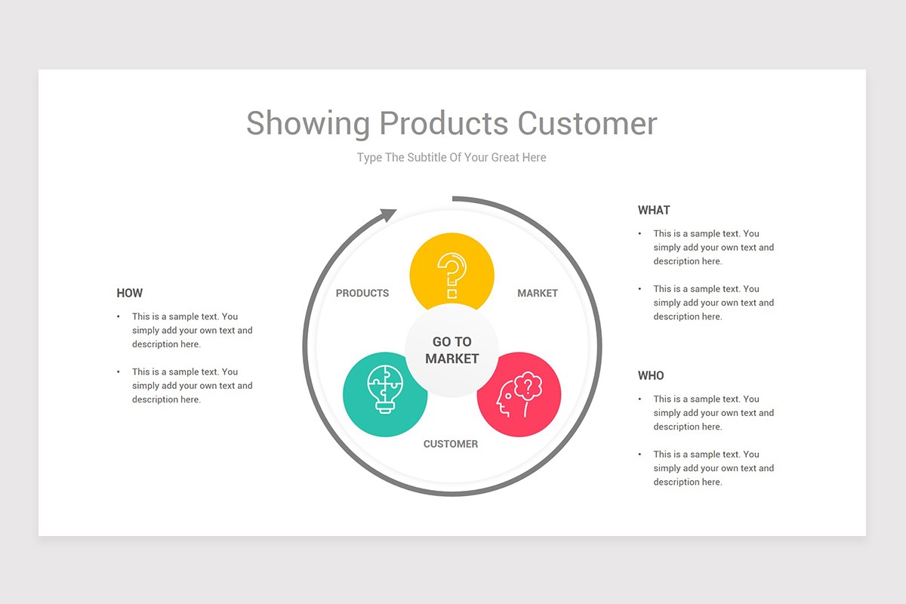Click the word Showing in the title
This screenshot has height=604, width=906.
[308, 123]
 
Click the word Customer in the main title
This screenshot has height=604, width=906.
[587, 123]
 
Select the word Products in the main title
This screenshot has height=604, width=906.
[444, 123]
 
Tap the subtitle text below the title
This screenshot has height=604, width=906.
[451, 157]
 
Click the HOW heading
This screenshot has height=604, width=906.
[129, 293]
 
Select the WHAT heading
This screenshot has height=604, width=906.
[654, 210]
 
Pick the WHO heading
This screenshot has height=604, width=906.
[651, 375]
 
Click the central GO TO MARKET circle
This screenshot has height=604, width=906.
[451, 350]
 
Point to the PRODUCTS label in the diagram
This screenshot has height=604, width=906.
[362, 293]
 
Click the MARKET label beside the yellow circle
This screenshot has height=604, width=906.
[538, 293]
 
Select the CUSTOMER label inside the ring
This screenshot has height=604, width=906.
[451, 444]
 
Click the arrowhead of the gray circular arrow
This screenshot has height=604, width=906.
[387, 215]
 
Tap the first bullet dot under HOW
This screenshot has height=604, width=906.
[119, 317]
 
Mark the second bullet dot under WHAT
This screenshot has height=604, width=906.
[640, 289]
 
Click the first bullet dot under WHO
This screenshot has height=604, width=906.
[640, 399]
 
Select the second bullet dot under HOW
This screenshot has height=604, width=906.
[119, 372]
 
